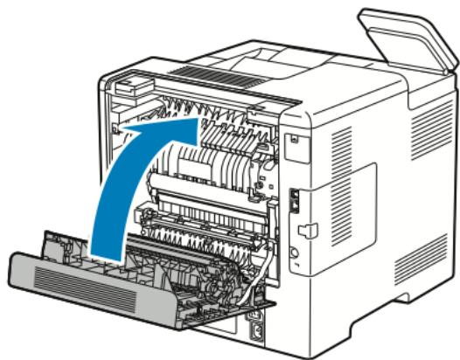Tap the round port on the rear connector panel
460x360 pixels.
(x=295, y=254)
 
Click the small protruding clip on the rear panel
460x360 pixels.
(x=307, y=230)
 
